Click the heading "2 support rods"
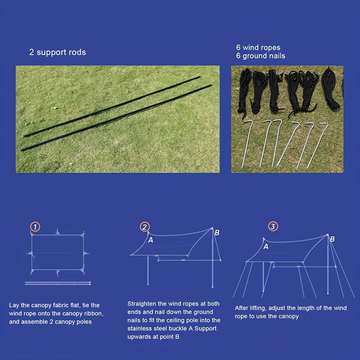[58, 52]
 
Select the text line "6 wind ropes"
[258, 48]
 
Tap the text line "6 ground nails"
[261, 56]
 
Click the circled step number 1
[35, 227]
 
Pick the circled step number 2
[145, 227]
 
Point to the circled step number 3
[273, 226]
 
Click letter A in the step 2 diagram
[151, 240]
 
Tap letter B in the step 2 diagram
[217, 233]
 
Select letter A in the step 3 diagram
[266, 247]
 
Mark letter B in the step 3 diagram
[332, 239]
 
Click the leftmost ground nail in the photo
[247, 144]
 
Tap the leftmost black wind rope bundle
[244, 92]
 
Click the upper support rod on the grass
[112, 106]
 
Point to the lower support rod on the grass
[117, 117]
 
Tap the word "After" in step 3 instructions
[242, 308]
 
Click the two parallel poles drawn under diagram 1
[58, 283]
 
